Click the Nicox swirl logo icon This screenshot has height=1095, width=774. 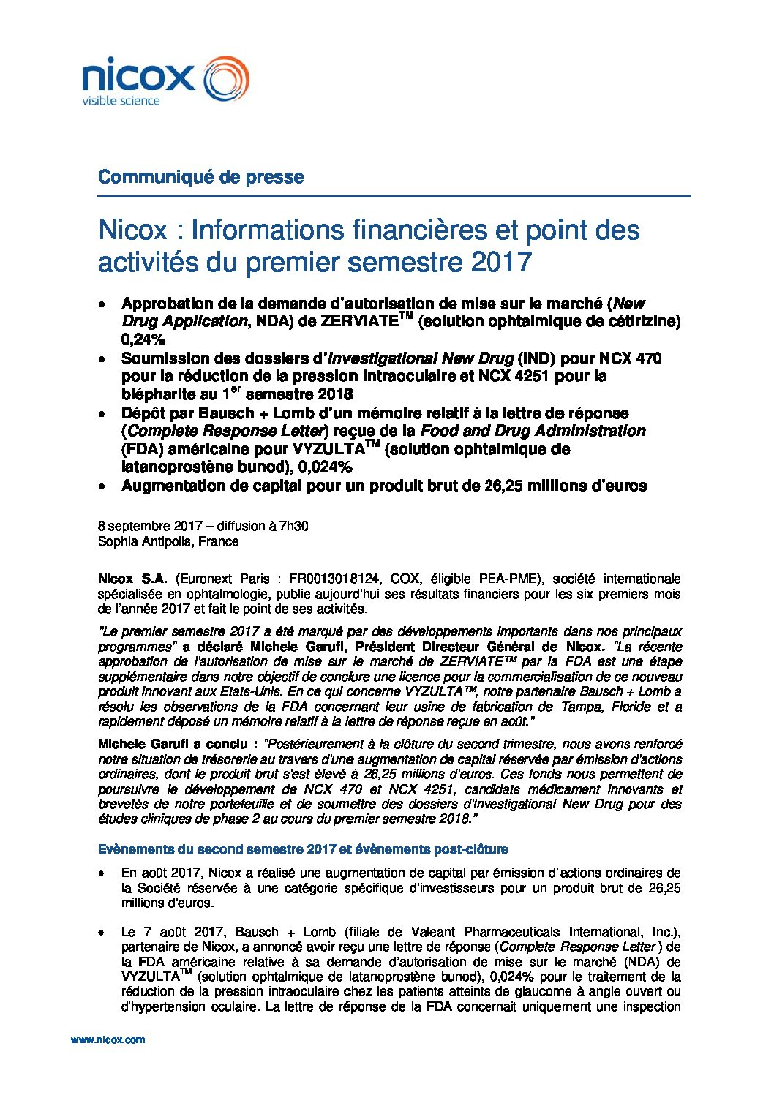point(225,79)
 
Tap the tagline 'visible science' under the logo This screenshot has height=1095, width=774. point(121,101)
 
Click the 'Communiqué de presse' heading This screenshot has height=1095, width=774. point(200,177)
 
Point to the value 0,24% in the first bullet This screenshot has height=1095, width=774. point(143,339)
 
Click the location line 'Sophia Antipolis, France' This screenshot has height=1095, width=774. point(168,541)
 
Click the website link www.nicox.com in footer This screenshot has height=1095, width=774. point(108,1039)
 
